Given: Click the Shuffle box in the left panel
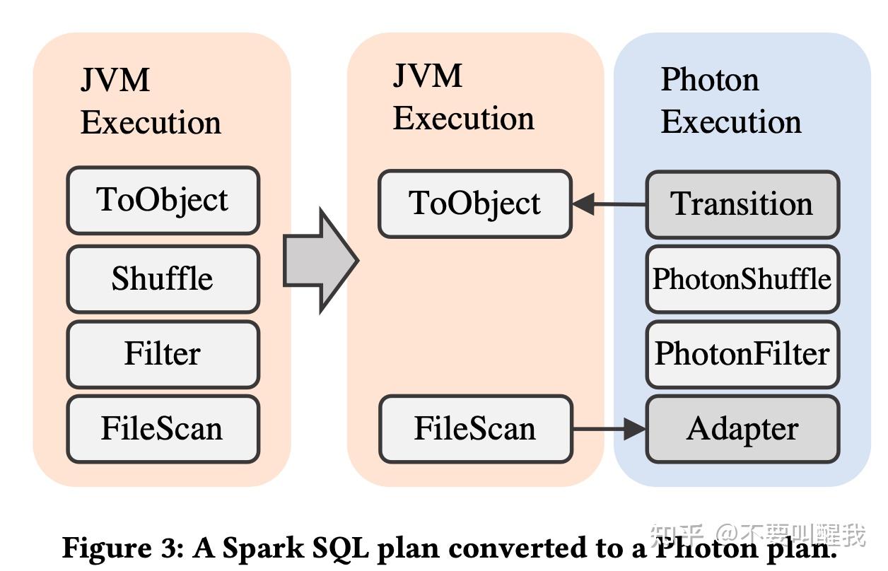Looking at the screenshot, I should point(163,278).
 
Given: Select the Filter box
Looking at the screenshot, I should point(163,354).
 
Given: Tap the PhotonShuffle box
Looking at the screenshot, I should point(742,279).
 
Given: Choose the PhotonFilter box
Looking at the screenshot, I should point(742,354).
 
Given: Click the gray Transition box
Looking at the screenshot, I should point(742,204).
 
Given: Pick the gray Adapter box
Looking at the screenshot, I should point(742,429).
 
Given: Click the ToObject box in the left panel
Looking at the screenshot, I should point(163,200).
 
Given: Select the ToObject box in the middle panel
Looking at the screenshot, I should point(474,204).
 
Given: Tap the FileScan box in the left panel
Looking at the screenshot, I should point(163,429).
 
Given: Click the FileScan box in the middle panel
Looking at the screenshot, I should point(474,429).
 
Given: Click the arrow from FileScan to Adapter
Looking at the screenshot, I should point(609,428).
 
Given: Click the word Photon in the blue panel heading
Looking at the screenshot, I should point(709,79).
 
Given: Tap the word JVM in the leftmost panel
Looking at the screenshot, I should point(115,80).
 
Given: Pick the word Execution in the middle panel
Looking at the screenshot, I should point(463,118).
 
